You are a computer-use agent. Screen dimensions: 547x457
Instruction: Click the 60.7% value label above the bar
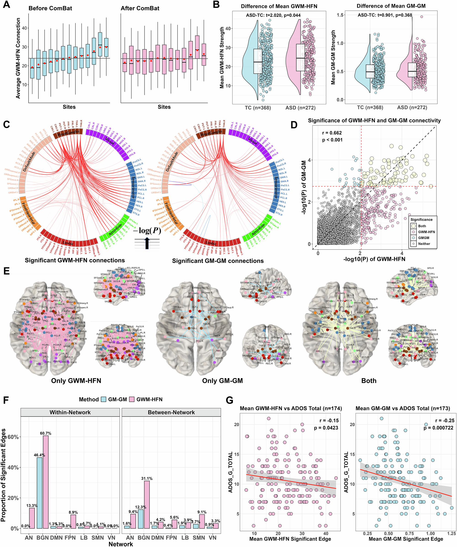[45, 433]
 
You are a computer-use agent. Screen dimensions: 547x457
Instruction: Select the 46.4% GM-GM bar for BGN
[39, 492]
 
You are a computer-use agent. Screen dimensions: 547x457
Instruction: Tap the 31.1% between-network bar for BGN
[147, 504]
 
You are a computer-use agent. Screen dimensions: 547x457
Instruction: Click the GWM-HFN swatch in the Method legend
[132, 399]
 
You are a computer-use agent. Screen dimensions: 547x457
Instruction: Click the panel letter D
[294, 125]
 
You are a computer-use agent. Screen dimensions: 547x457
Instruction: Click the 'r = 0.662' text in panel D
[332, 133]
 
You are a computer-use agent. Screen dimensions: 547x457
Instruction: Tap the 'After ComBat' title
[140, 8]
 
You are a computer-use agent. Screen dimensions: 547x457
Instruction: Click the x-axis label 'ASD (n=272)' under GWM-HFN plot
[300, 107]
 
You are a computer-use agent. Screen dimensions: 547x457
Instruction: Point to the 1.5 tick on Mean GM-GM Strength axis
[340, 15]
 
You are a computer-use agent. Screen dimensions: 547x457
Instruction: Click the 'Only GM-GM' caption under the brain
[222, 381]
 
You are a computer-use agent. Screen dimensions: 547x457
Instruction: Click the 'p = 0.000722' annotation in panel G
[438, 428]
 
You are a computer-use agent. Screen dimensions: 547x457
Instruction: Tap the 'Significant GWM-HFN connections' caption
[75, 260]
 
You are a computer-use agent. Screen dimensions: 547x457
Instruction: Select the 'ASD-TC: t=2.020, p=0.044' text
[273, 15]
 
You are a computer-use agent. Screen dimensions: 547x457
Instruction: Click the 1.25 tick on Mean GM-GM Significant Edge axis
[452, 533]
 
